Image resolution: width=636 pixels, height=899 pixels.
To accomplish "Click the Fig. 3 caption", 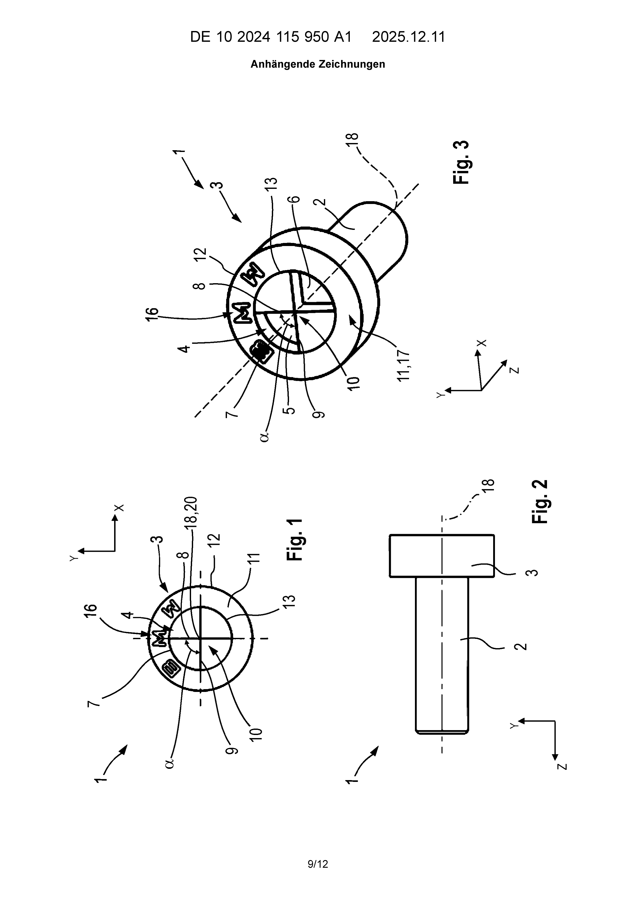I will (461, 162).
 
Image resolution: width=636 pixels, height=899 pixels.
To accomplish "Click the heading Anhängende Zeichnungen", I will (318, 64).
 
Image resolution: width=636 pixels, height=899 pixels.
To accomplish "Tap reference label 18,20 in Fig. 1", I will (193, 513).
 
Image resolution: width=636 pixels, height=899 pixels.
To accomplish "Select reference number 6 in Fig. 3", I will (296, 199).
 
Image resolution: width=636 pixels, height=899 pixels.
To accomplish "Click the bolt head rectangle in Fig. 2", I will (442, 556).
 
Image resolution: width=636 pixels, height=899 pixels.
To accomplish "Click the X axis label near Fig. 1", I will (119, 508).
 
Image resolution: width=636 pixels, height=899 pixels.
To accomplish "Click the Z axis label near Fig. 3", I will (516, 369).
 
